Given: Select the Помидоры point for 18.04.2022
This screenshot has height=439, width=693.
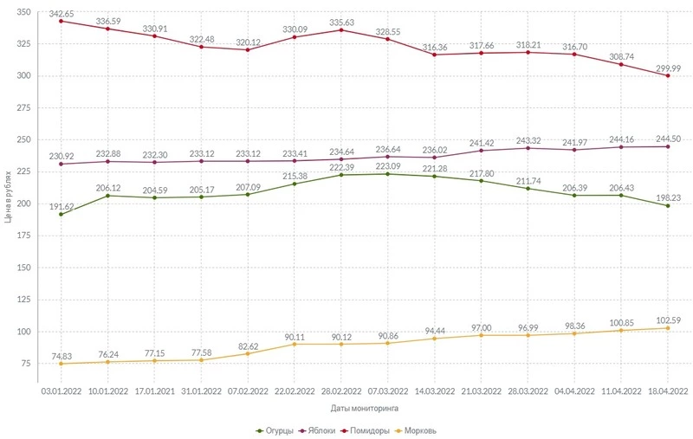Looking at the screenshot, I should pos(667,75).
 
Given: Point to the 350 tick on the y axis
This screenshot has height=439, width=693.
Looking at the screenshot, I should pos(23,12).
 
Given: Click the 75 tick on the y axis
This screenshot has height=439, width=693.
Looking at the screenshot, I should pos(26,364).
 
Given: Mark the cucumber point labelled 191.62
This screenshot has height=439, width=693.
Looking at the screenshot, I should pos(62,214).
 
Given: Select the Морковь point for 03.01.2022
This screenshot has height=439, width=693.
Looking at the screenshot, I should pos(62,364).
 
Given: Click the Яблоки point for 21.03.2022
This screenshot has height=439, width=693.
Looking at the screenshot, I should pos(481,151).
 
